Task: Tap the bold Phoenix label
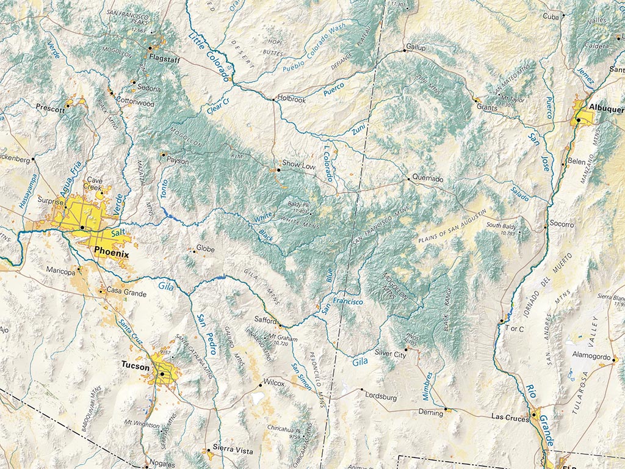pyautogui.click(x=112, y=253)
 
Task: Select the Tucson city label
pyautogui.click(x=135, y=366)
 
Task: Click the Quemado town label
pyautogui.click(x=429, y=180)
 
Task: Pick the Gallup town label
pyautogui.click(x=416, y=47)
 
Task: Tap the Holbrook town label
pyautogui.click(x=291, y=99)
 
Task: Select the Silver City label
pyautogui.click(x=391, y=354)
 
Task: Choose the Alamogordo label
pyautogui.click(x=590, y=355)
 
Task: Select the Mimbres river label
pyautogui.click(x=428, y=385)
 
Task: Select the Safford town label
pyautogui.click(x=266, y=320)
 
